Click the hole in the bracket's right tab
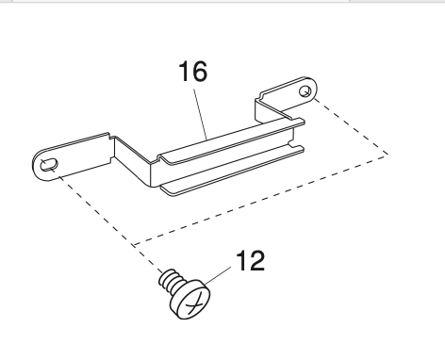pos(305,91)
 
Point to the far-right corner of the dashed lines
pos(386,152)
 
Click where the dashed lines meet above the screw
pos(136,244)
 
